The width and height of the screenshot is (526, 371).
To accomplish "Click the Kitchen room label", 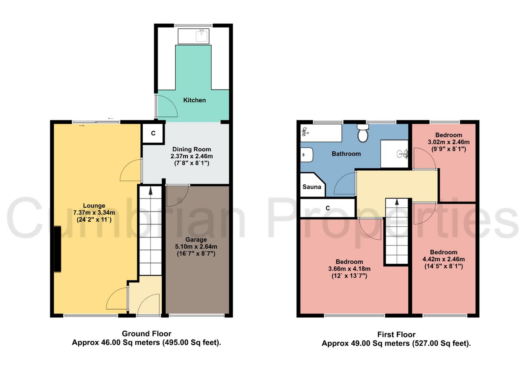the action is pos(194,100).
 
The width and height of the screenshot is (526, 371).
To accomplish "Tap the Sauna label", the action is pos(312,187).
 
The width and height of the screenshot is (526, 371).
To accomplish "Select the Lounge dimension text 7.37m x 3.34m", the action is pos(94,213).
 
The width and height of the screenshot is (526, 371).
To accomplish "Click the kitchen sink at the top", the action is pos(193,36).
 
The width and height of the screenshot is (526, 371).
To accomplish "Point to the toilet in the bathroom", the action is pos(363,133).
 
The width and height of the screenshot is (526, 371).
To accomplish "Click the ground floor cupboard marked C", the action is pos(153,133).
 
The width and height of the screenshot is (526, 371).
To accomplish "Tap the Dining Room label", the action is pos(192,149).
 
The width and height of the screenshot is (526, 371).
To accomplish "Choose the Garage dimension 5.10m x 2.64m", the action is pos(196,247).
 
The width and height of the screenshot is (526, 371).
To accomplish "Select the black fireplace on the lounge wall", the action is pos(58,249).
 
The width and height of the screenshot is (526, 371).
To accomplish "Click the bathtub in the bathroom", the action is pos(321,133).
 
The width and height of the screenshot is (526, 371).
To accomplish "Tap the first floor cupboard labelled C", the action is pos(328,208).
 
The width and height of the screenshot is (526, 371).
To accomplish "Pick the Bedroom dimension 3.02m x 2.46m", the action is pos(448,142).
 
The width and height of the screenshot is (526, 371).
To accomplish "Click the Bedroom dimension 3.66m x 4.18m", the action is pos(349,269).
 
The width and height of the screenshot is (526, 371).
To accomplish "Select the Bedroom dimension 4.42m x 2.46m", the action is pos(443,259).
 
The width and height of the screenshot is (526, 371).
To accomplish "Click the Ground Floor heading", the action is pos(147,334).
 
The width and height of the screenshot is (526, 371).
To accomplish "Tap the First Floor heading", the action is pos(396,334).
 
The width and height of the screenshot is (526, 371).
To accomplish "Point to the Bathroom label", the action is pos(346,154).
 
